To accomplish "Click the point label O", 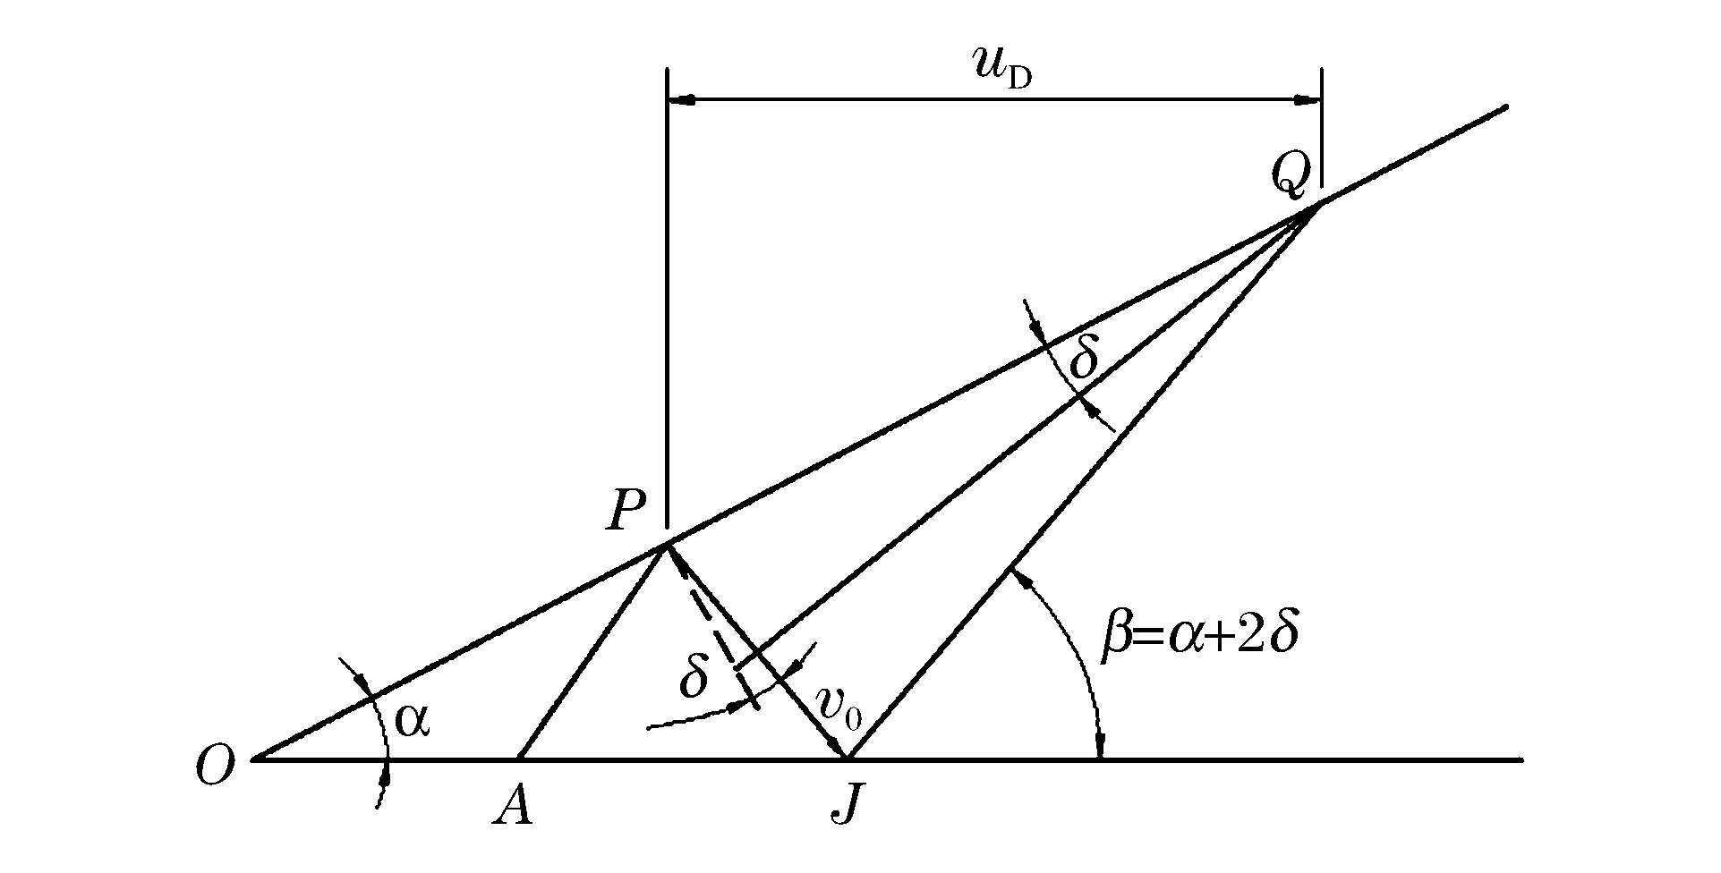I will (x=216, y=767).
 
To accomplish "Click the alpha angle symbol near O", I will (x=413, y=719).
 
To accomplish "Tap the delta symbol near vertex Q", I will (x=1084, y=358).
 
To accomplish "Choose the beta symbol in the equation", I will (x=1116, y=639).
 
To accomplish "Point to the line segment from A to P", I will (x=591, y=653).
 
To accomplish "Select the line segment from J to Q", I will (x=1074, y=492).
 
